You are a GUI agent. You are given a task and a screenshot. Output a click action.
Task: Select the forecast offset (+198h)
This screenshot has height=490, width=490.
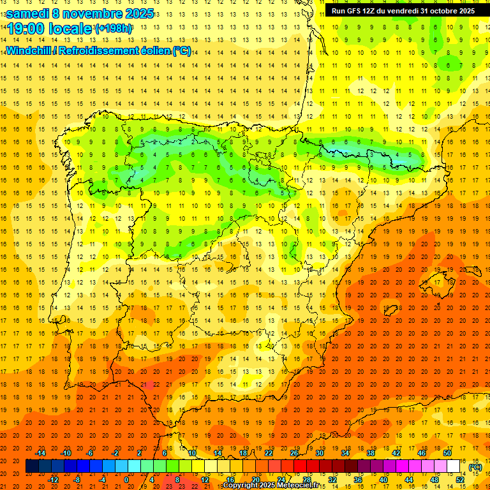pyautogui.click(x=113, y=29)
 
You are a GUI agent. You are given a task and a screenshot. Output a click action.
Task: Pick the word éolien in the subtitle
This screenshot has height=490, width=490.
pyautogui.click(x=152, y=51)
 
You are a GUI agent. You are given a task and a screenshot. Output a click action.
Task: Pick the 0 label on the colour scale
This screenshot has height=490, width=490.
pyautogui.click(x=126, y=479)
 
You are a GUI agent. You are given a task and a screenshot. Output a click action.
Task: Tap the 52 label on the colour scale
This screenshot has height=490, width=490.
pyautogui.click(x=460, y=479)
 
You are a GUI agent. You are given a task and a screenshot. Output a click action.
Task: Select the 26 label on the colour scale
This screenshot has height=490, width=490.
pyautogui.click(x=294, y=453)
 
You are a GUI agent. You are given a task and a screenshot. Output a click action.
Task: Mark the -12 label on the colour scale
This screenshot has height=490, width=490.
pyautogui.click(x=53, y=479)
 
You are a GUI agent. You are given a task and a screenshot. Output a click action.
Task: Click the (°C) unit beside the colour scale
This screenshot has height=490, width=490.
pyautogui.click(x=475, y=467)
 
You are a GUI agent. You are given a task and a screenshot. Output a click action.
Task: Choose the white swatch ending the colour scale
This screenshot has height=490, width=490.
pyautogui.click(x=453, y=466)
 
